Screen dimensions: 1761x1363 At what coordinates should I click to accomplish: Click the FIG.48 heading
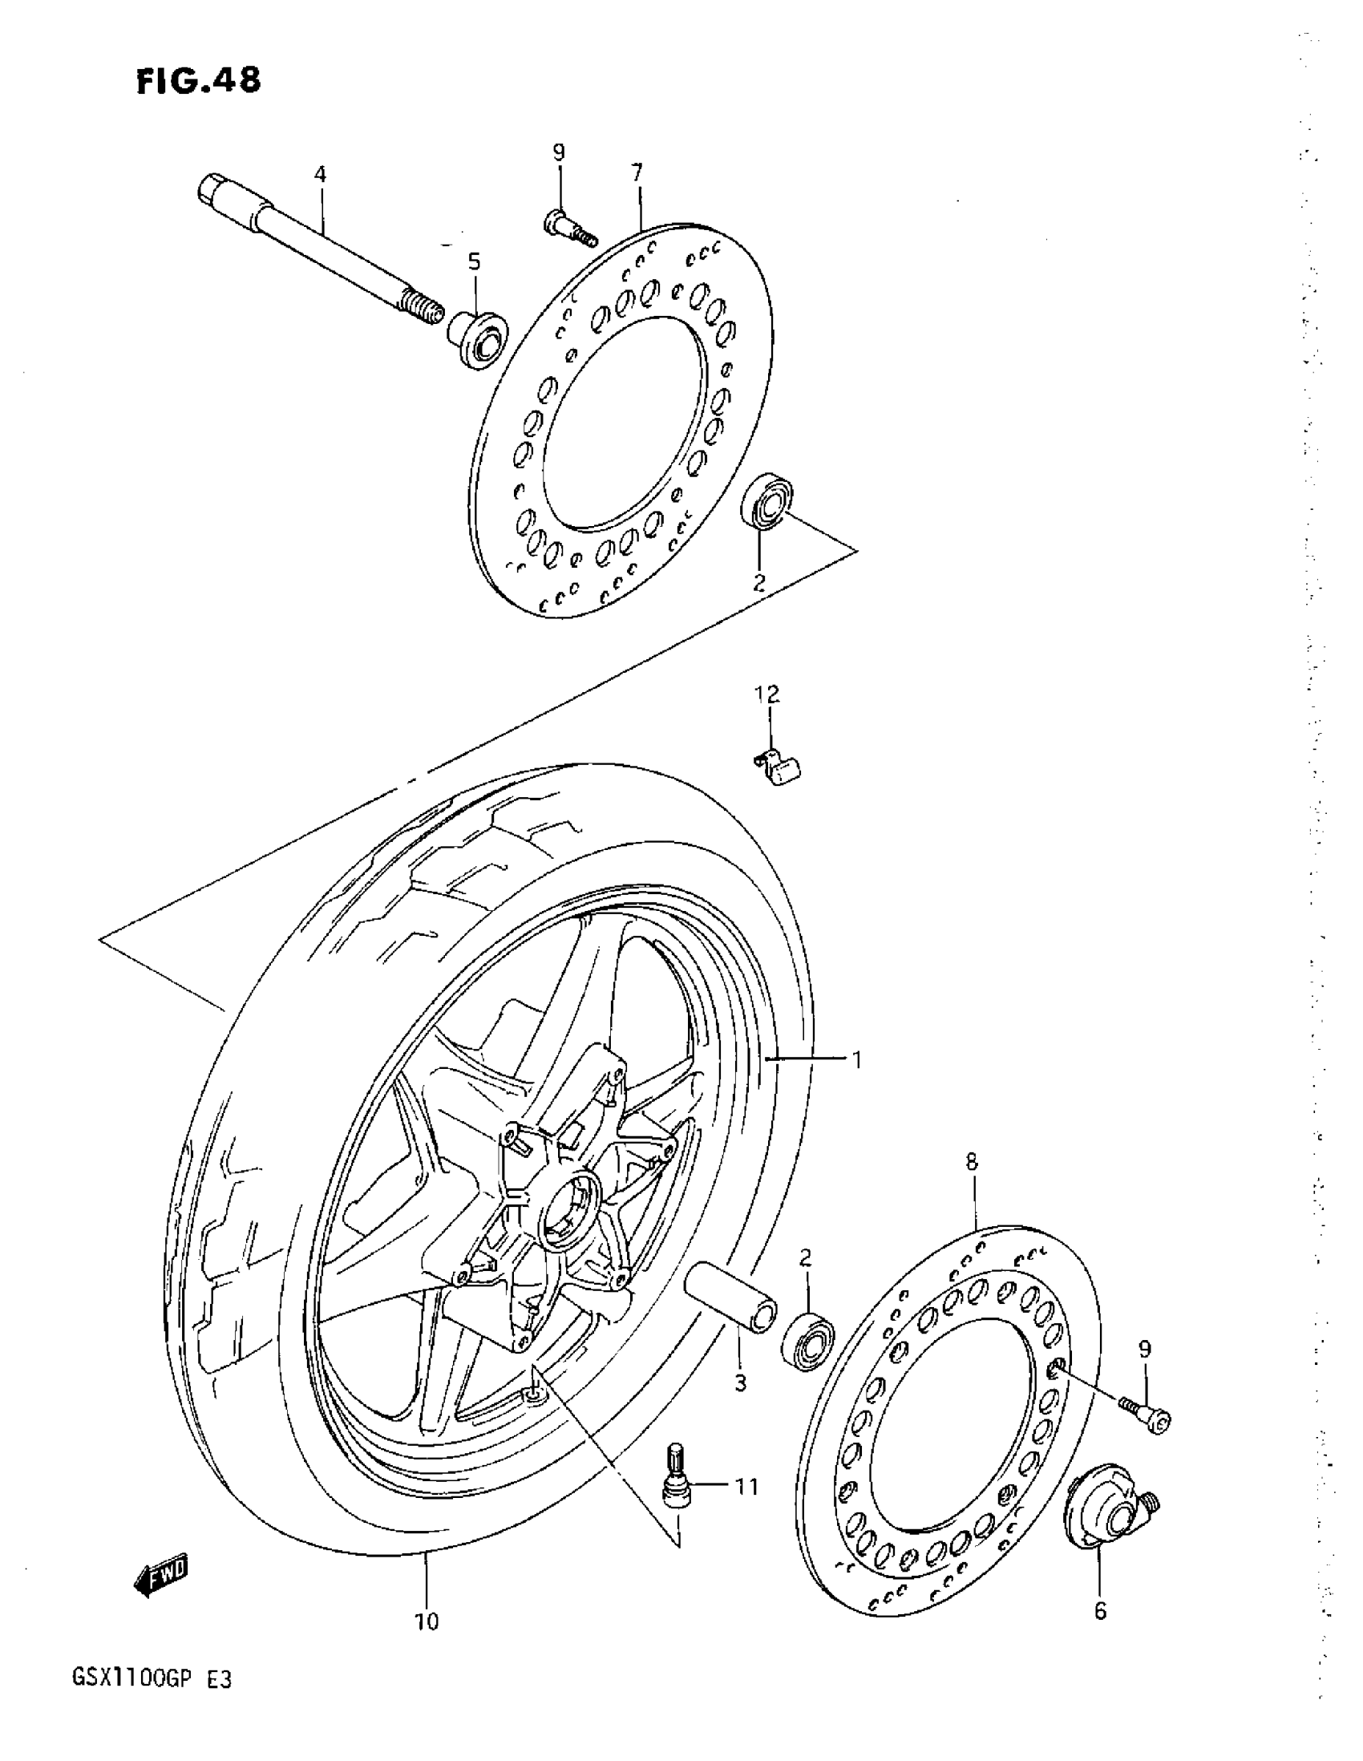199,82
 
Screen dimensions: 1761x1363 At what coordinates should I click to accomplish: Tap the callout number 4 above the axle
320,173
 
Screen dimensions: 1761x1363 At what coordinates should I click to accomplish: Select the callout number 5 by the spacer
474,261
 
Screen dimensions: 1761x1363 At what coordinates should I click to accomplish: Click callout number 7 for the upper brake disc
637,172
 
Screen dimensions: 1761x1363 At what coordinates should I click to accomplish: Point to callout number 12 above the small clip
766,694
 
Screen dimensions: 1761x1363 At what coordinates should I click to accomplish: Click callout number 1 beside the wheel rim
857,1059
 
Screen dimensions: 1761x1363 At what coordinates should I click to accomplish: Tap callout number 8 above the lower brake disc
971,1162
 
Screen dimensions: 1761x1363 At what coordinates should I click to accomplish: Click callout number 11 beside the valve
746,1485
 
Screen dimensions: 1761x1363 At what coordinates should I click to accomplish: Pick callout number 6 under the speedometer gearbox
1100,1611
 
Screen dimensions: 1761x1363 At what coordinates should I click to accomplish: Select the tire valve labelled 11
675,1476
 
